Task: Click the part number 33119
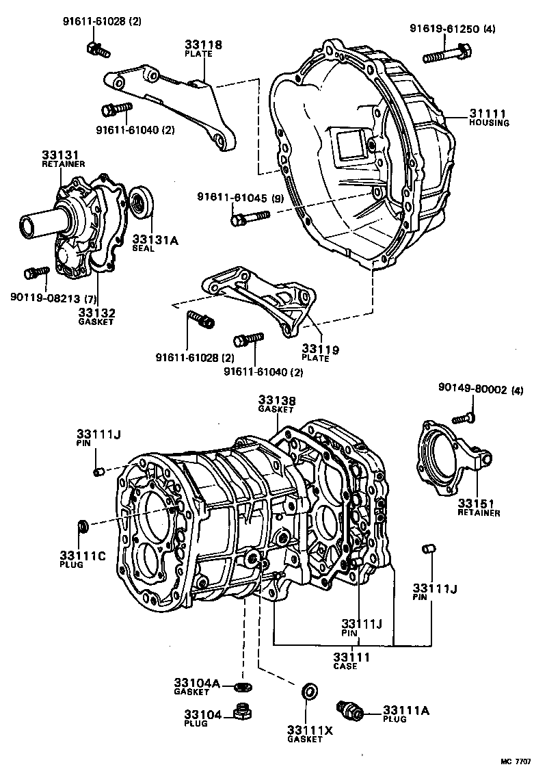tap(320, 350)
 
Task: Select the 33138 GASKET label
tap(276, 403)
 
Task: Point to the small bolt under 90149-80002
tap(465, 417)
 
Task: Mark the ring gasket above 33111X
tap(309, 691)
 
